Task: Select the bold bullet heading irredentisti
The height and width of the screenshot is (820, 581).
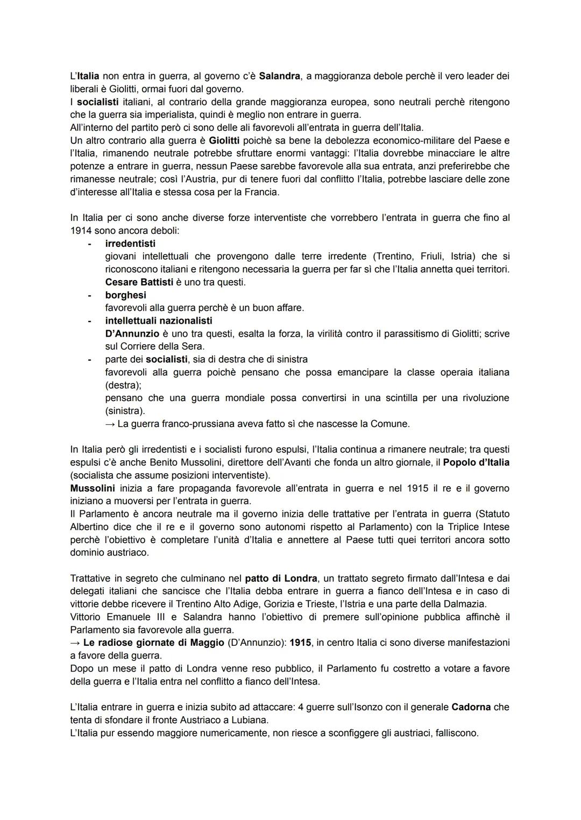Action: click(x=130, y=244)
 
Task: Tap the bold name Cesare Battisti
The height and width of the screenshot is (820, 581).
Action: click(x=139, y=282)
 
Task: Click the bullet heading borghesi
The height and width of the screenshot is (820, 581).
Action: click(x=125, y=295)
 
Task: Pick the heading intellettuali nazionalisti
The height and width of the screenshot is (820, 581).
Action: click(x=159, y=321)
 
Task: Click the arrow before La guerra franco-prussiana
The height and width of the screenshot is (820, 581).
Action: click(x=110, y=424)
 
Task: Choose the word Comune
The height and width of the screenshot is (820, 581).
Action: click(x=390, y=424)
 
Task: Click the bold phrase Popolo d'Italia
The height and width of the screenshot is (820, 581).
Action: click(x=476, y=463)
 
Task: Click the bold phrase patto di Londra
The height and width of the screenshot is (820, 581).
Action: click(x=281, y=579)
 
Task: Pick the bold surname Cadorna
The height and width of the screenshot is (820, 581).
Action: click(x=471, y=708)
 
